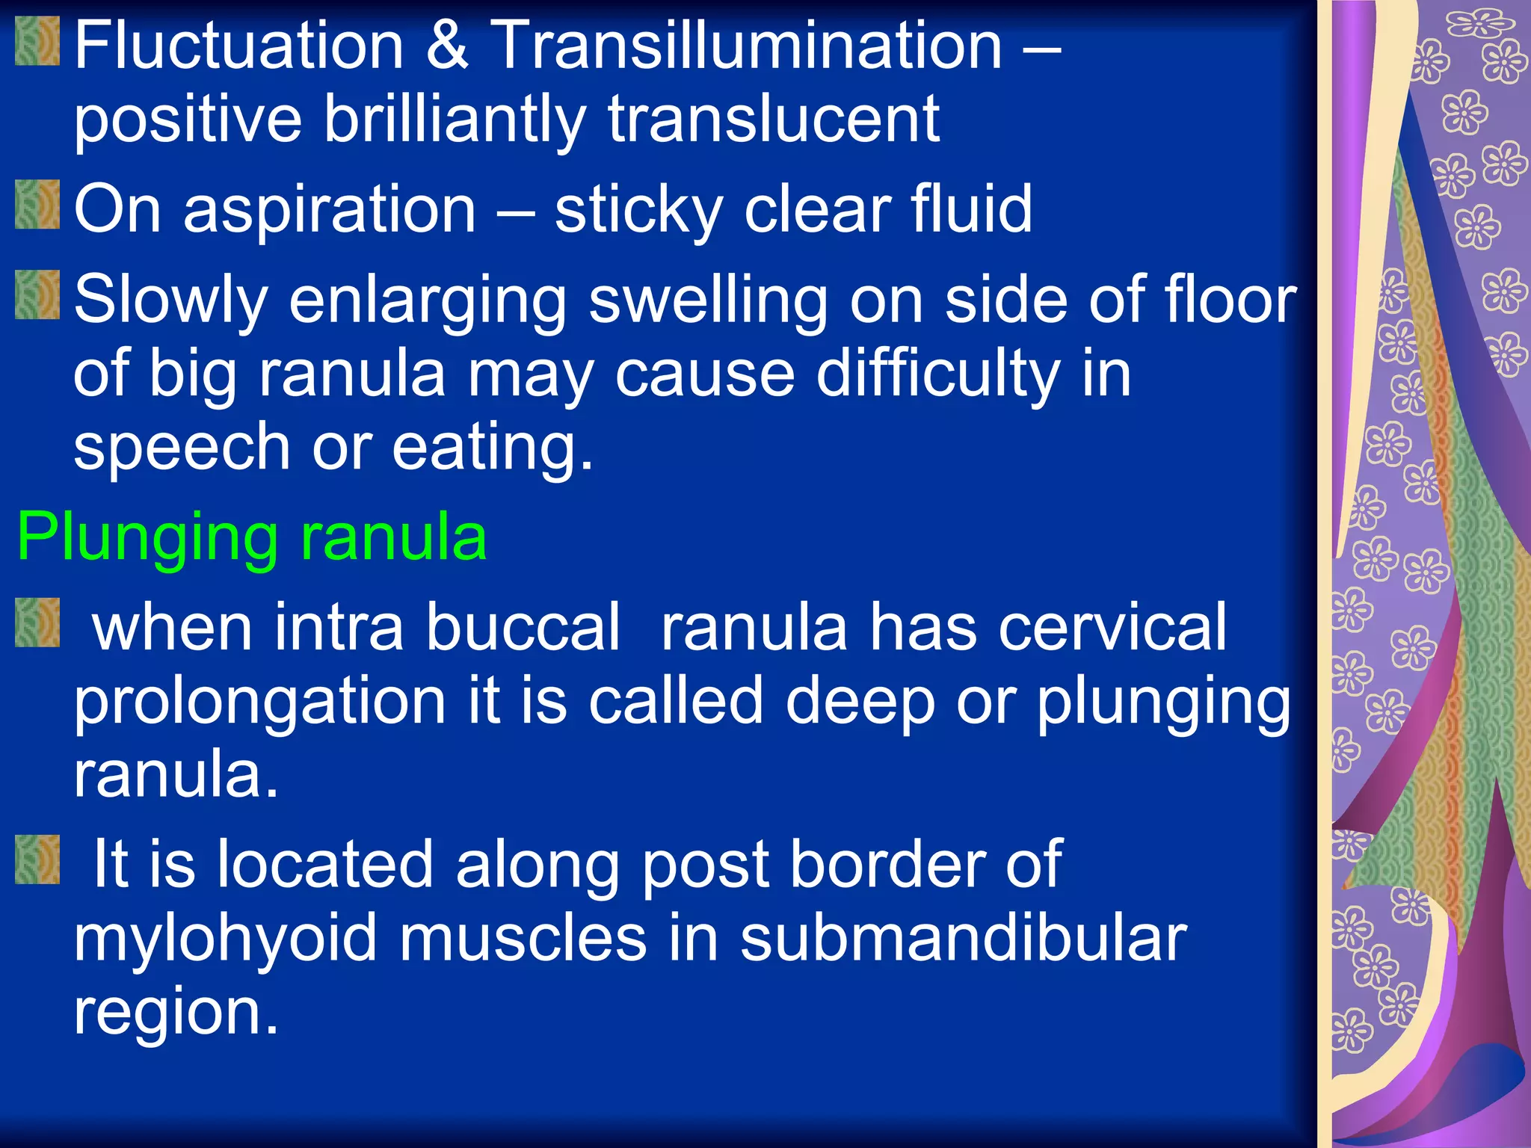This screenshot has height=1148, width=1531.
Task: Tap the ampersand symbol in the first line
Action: [447, 46]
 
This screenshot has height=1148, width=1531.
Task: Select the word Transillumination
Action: [745, 46]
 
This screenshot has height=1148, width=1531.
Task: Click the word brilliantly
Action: [454, 120]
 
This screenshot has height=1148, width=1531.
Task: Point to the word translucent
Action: [774, 120]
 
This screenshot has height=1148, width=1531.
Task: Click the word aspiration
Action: [330, 210]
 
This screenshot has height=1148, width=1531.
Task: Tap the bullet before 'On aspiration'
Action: [37, 204]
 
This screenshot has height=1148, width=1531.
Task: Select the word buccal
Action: [523, 627]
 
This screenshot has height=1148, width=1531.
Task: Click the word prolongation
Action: [259, 703]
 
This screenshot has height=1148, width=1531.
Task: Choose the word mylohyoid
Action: [225, 939]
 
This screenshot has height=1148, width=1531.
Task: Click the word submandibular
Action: [963, 938]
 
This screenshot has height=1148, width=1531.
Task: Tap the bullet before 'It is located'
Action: [37, 860]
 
